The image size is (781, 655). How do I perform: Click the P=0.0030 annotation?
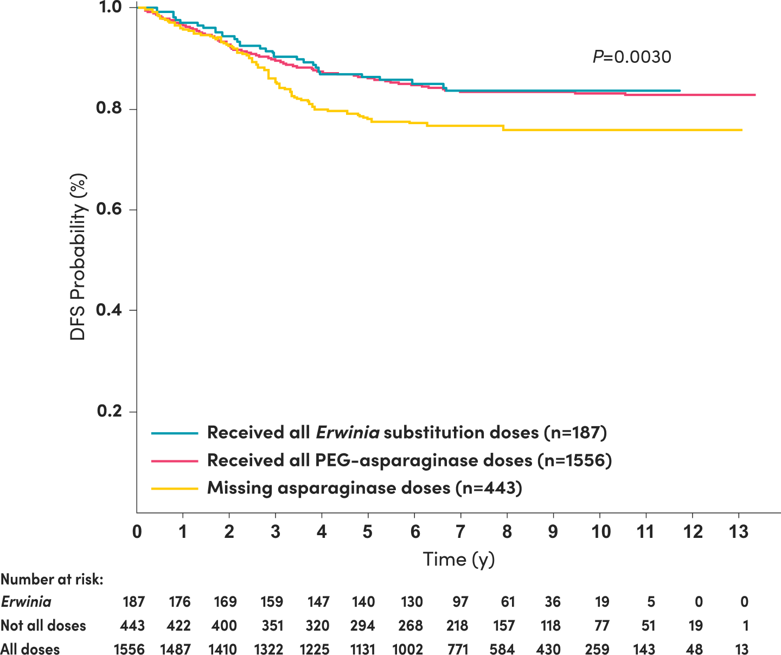click(631, 57)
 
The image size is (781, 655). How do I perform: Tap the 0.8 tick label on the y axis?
click(108, 108)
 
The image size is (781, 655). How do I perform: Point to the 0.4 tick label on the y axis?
click(108, 310)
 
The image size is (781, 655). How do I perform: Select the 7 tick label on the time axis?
click(460, 531)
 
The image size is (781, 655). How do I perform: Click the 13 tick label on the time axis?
click(739, 531)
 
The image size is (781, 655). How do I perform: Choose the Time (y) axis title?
click(459, 559)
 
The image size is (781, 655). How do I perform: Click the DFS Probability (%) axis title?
click(78, 256)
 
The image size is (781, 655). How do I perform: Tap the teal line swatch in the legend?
click(175, 433)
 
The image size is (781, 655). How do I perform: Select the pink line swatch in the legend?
click(175, 461)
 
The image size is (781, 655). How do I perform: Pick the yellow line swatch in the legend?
click(175, 489)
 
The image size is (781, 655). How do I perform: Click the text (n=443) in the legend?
click(489, 488)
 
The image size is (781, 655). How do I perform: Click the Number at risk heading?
click(52, 579)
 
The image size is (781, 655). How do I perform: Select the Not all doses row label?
click(43, 626)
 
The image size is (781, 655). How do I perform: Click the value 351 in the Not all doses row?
click(272, 626)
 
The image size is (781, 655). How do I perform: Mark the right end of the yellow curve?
click(741, 130)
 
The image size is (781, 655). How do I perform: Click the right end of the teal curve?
click(680, 91)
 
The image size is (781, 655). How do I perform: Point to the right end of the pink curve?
click(755, 95)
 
